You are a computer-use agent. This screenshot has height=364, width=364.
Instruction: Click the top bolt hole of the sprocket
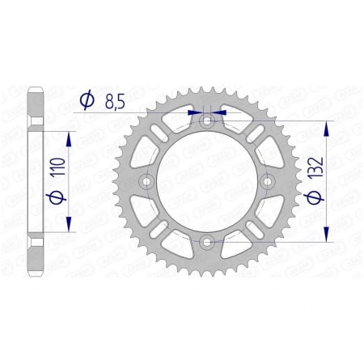(x=207, y=121)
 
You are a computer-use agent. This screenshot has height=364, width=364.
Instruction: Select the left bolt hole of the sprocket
(x=147, y=181)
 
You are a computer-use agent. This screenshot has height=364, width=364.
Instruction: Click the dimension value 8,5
(x=116, y=100)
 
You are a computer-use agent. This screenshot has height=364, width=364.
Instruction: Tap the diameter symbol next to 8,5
(x=86, y=100)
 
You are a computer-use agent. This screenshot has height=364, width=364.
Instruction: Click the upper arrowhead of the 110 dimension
(x=69, y=138)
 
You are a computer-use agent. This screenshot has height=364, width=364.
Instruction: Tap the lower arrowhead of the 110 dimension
(x=69, y=225)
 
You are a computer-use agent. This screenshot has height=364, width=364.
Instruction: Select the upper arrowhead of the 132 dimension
(x=326, y=128)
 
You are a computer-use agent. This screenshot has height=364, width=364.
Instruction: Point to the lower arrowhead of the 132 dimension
(x=326, y=235)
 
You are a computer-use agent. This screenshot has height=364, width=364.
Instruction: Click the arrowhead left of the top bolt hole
(x=194, y=113)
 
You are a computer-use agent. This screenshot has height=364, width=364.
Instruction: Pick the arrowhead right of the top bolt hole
(x=221, y=113)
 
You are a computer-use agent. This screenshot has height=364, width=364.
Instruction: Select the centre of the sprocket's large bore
(x=207, y=181)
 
